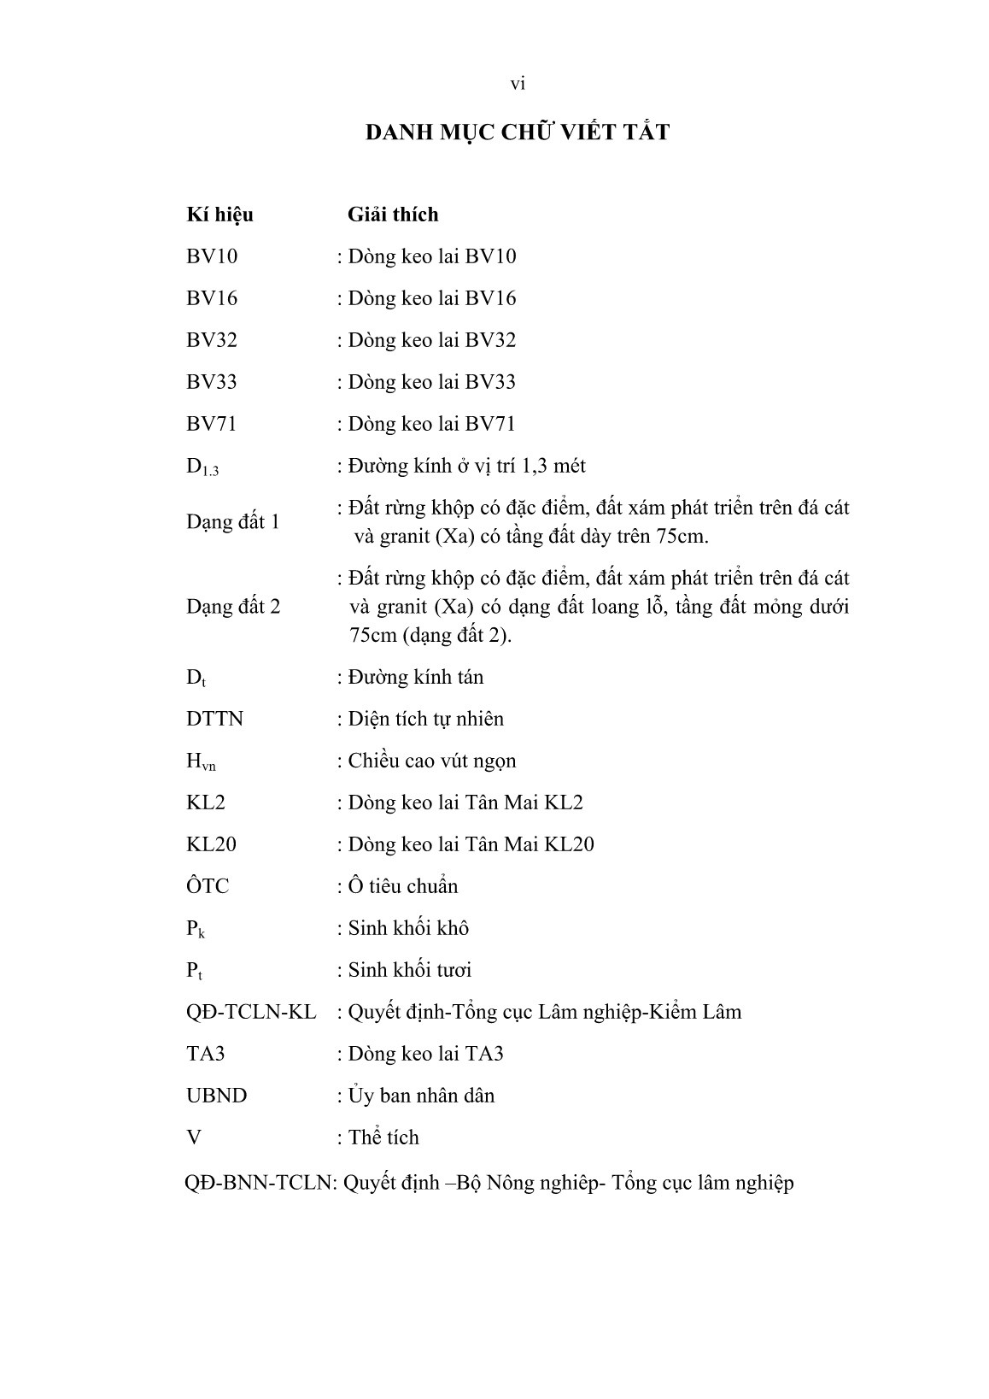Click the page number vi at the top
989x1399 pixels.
(x=518, y=84)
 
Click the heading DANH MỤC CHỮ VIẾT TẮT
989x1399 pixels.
(x=518, y=132)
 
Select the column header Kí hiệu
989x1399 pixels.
(x=219, y=215)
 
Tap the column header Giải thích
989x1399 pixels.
(x=393, y=215)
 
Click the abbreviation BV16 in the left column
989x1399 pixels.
(x=212, y=298)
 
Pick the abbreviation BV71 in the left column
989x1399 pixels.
(x=212, y=424)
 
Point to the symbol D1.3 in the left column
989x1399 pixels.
(x=202, y=467)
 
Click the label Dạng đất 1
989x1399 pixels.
(x=233, y=521)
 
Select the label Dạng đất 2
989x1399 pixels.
(x=233, y=607)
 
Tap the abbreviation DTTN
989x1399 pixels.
(x=214, y=719)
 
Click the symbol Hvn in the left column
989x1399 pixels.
(x=201, y=761)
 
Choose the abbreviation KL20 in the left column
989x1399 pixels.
(x=211, y=844)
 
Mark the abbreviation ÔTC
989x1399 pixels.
(x=208, y=886)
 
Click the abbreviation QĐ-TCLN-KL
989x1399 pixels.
(x=251, y=1012)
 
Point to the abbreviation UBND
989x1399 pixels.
(x=216, y=1096)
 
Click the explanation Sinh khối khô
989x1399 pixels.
(x=408, y=928)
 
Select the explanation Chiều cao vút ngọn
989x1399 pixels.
(x=431, y=761)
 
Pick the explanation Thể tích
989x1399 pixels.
(x=383, y=1137)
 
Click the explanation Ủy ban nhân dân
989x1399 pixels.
(x=421, y=1096)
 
